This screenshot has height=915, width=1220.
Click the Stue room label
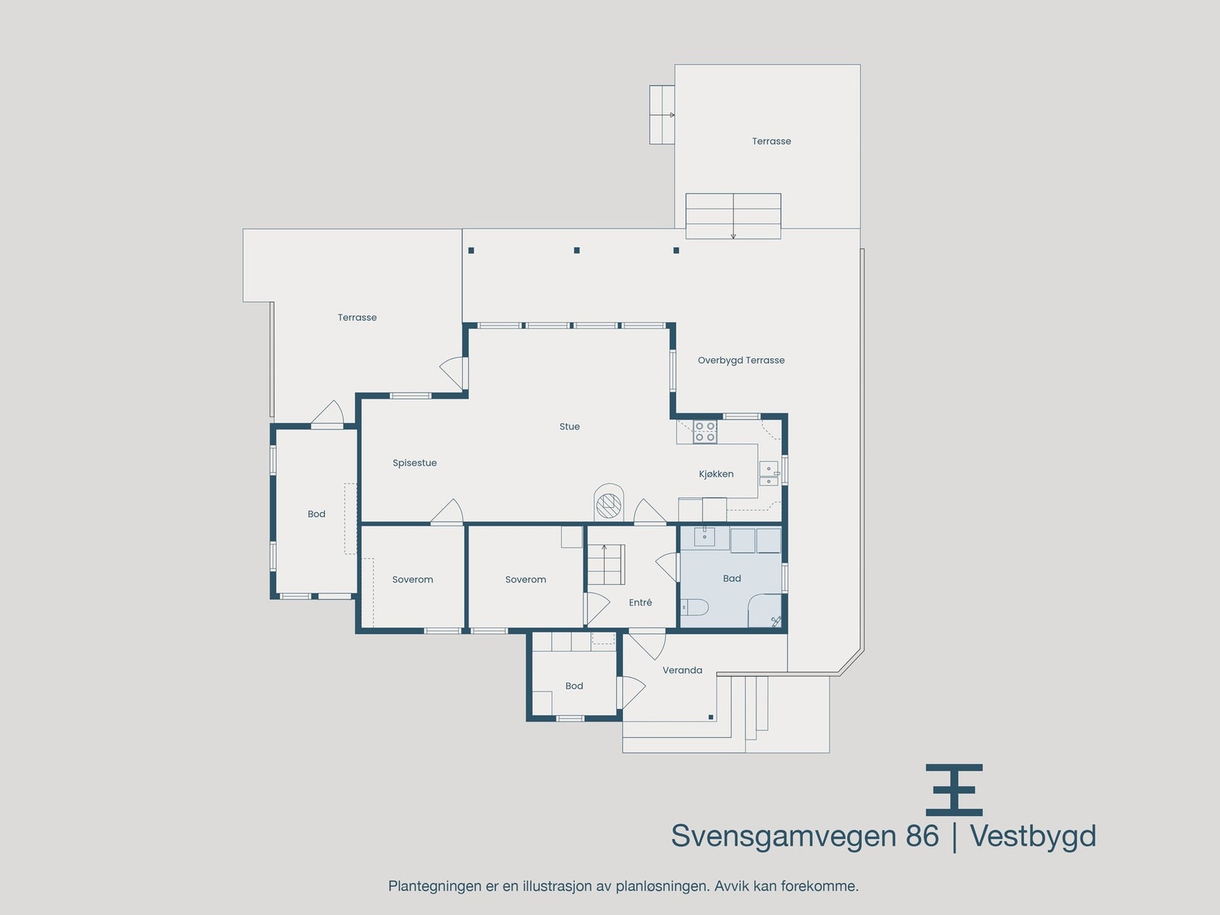pos(570,427)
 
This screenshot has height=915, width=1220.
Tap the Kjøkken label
pos(716,474)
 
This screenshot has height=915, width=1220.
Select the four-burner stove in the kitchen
pos(705,432)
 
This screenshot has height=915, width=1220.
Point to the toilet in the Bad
pos(695,608)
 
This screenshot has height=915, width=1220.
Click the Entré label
pos(640,602)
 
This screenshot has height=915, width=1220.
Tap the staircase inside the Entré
pos(605,564)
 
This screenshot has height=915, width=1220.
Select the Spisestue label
pos(415,463)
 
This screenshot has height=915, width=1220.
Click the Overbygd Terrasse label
pos(740,360)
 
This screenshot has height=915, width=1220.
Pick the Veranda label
pos(682,670)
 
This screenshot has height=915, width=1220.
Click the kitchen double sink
pos(769,474)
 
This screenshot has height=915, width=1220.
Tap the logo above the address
pos(954,789)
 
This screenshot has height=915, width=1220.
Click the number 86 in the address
pos(922,836)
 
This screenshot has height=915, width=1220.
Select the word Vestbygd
pos(1032,836)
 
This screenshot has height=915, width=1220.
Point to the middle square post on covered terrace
pos(577,250)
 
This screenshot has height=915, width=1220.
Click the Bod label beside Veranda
pos(574,686)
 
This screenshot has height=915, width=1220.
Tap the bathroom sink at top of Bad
pos(704,538)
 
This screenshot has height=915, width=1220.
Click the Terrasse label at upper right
pos(771,141)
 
